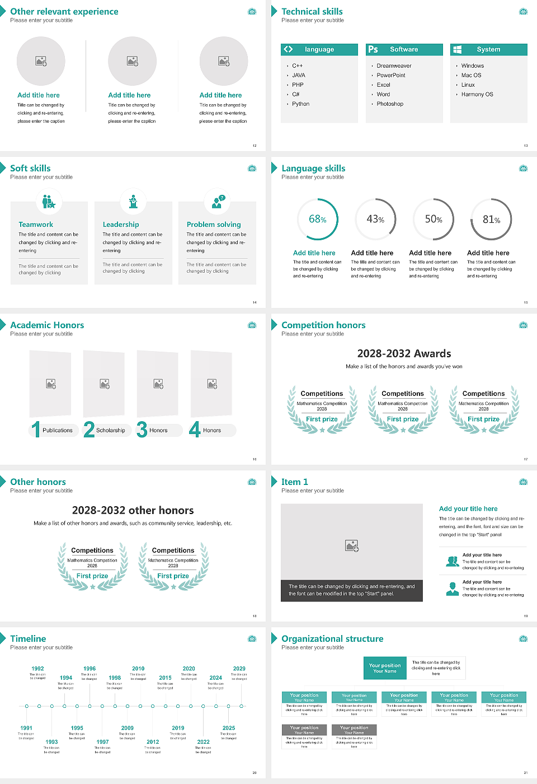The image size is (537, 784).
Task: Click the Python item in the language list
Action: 300,104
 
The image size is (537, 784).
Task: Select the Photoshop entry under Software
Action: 389,104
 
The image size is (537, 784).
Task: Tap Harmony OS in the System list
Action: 477,95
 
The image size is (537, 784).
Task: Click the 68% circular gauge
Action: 318,220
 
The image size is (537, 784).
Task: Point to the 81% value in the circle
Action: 491,220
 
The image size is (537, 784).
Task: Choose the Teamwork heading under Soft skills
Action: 36,225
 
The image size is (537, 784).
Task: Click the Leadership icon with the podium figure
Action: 133,202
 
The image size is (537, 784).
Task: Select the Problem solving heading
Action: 214,225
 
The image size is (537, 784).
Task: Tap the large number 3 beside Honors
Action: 142,430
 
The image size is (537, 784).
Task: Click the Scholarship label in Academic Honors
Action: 110,431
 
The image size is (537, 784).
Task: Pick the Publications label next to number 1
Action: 57,431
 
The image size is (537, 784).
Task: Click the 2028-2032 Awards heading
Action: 404,353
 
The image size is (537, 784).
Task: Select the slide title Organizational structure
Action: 332,639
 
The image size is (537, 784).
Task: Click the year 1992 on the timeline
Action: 37,669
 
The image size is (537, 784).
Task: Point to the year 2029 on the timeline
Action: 239,669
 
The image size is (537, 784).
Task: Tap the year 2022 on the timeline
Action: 203,742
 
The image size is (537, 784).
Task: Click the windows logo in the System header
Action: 457,49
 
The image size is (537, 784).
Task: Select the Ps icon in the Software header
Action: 373,49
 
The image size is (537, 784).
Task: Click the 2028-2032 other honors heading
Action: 133,510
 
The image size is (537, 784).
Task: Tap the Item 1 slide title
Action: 294,482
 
